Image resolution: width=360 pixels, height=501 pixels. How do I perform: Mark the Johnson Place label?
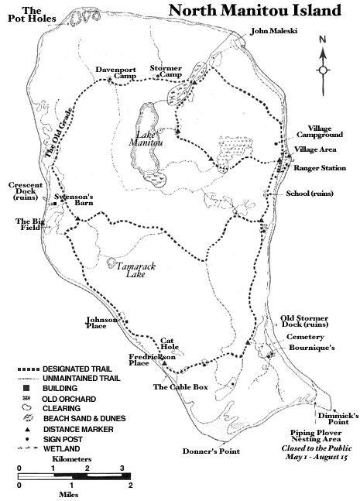click(x=101, y=323)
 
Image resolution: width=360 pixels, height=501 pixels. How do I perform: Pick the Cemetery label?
click(x=300, y=337)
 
